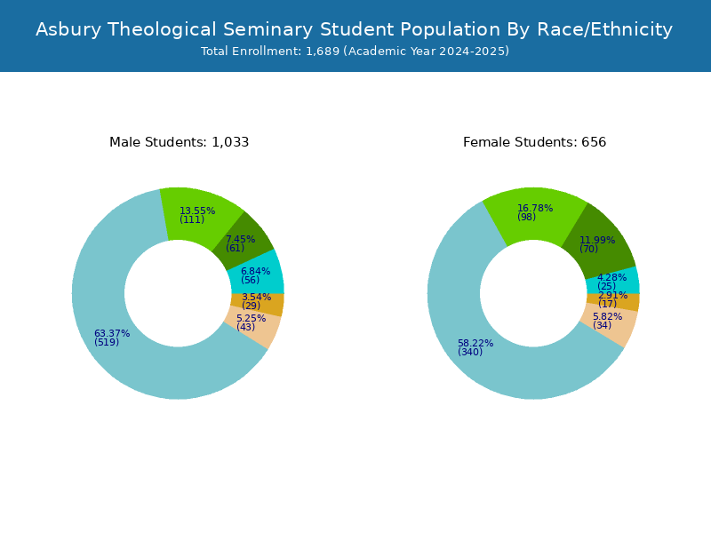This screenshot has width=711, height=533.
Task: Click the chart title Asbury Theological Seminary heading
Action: point(354,29)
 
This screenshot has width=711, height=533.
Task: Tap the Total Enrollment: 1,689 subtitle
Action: point(355,52)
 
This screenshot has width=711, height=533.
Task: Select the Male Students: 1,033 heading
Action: point(180,142)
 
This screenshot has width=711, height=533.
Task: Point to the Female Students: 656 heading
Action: point(535,142)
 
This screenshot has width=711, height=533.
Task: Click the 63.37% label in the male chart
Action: point(112,334)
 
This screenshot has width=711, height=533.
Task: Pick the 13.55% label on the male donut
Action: point(197,211)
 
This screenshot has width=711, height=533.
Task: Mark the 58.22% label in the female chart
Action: point(475,343)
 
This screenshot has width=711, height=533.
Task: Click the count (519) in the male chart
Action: point(107,342)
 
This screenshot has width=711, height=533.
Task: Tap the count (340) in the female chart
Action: point(470,352)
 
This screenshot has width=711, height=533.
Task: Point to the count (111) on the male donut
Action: point(192,219)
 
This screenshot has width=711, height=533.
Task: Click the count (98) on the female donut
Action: point(526,217)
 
